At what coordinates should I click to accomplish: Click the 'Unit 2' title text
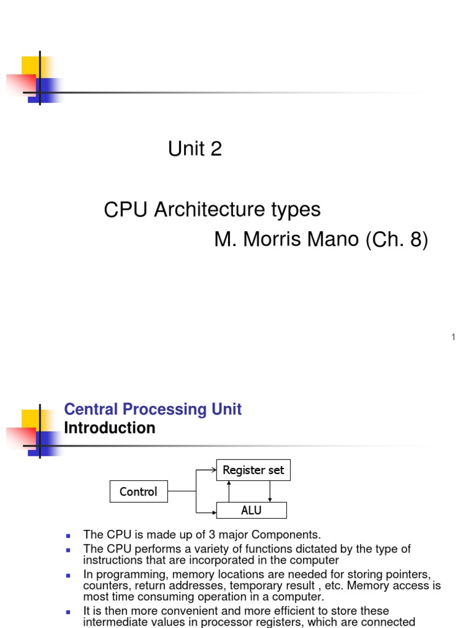click(194, 148)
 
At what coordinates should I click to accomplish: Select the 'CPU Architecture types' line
click(212, 210)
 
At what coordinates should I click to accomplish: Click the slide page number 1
click(453, 337)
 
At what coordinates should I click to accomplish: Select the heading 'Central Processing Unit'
click(153, 409)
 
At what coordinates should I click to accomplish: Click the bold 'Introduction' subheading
click(109, 428)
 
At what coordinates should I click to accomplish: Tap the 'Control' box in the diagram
click(138, 491)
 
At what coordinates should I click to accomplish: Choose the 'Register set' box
click(253, 470)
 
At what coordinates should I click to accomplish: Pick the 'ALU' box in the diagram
click(251, 510)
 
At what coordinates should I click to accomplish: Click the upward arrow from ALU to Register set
click(229, 491)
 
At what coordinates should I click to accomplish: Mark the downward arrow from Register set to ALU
click(270, 491)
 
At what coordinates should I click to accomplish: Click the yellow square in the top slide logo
click(31, 66)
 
